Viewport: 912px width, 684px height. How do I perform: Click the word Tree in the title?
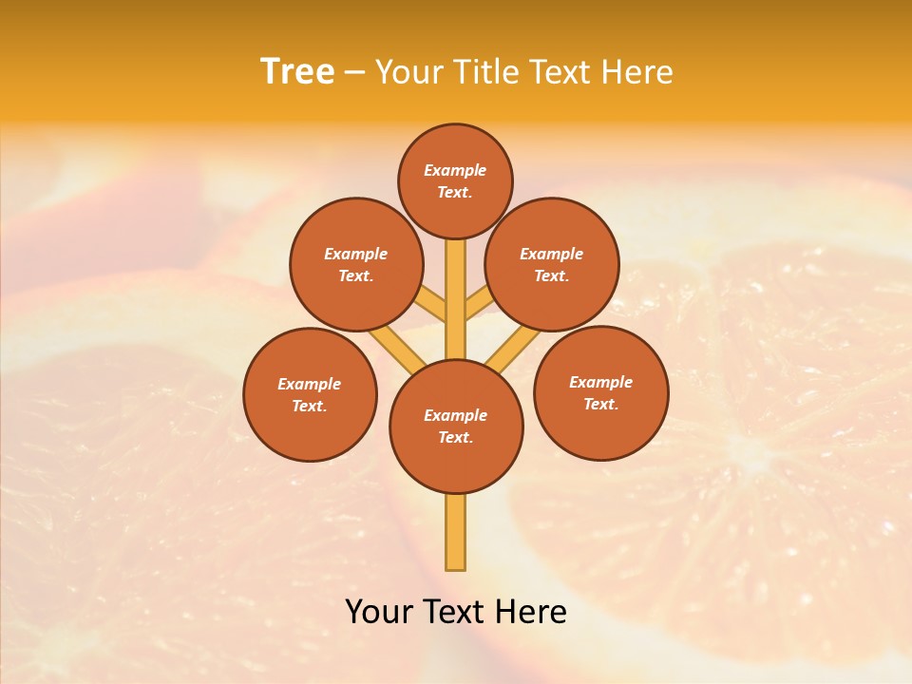[297, 72]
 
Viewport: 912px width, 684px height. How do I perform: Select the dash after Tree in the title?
[354, 73]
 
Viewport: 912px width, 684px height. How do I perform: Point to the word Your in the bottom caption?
[379, 612]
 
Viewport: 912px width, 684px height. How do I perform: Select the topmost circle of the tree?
[455, 180]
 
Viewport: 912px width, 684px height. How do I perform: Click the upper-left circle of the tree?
[355, 264]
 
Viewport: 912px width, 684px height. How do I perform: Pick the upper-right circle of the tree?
[551, 264]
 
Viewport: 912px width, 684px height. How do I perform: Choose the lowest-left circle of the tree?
[310, 394]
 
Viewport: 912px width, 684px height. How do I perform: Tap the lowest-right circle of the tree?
[600, 392]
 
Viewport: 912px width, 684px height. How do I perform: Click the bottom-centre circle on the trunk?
[456, 427]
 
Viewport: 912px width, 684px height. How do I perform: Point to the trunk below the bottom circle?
[456, 532]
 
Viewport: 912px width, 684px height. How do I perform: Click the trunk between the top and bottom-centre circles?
[456, 285]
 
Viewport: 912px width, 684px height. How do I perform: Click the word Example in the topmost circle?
[455, 170]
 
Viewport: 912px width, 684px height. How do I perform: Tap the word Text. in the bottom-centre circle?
[456, 437]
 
